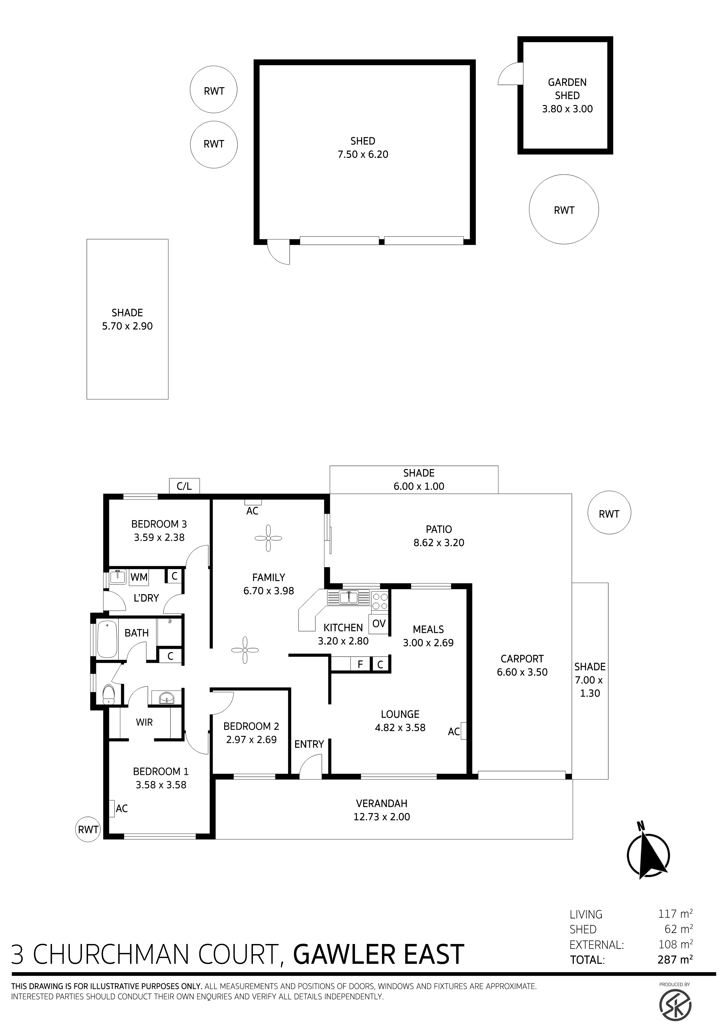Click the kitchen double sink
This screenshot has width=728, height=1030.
[x=349, y=598]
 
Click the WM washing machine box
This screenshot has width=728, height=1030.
[x=139, y=577]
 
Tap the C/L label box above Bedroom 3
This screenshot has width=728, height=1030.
[x=184, y=486]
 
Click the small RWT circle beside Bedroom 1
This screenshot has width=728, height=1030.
[x=88, y=830]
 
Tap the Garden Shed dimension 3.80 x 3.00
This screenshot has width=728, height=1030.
[x=567, y=109]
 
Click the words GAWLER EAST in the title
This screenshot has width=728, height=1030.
[x=379, y=954]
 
